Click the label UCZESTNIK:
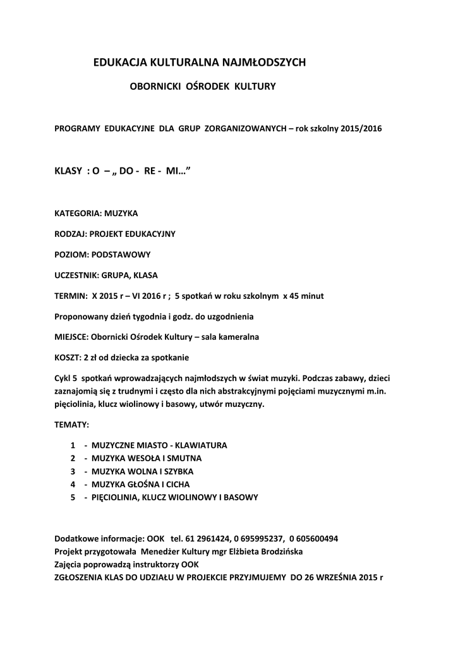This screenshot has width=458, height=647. tap(78, 275)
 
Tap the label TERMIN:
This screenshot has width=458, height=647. tap(71, 296)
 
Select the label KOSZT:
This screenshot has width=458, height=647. tap(68, 358)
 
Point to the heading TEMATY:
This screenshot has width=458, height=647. tap(72, 425)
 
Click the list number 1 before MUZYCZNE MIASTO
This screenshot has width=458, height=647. tap(73, 445)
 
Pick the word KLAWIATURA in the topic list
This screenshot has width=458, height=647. tap(202, 445)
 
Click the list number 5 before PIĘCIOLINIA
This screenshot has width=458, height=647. tap(73, 497)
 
